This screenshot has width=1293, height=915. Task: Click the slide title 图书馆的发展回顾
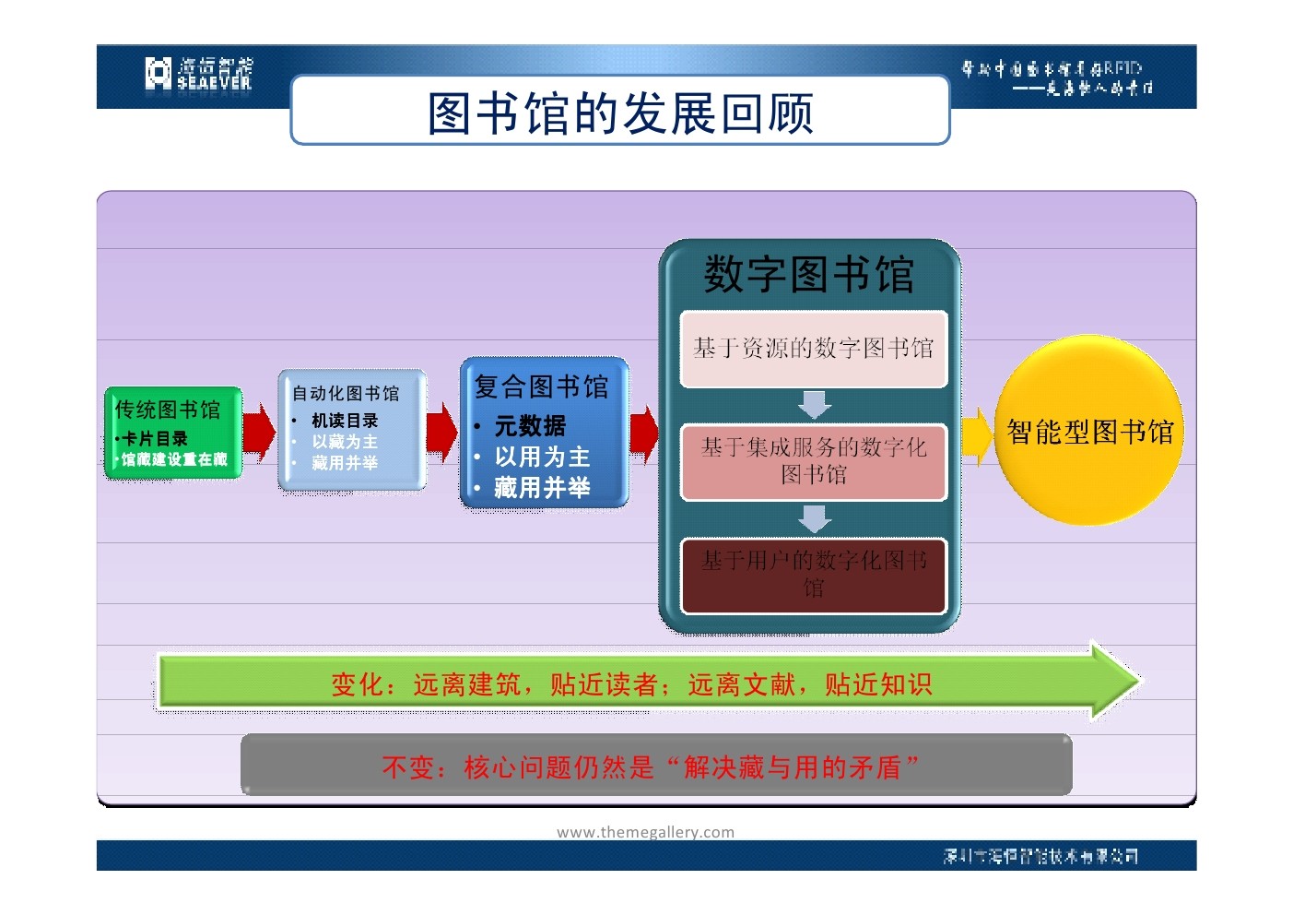(620, 113)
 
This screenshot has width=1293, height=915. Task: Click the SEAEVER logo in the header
(198, 73)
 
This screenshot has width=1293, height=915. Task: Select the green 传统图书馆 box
(172, 432)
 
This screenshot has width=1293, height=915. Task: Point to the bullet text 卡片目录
(155, 439)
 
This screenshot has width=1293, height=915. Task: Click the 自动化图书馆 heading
(346, 393)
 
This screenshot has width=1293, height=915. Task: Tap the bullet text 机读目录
(345, 421)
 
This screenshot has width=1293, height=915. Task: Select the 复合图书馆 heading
(541, 386)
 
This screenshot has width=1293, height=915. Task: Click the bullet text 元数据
(530, 426)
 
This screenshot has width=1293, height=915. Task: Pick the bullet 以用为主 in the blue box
(542, 457)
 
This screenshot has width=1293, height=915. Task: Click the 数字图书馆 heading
(808, 275)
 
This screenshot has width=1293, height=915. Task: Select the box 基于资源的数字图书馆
(813, 349)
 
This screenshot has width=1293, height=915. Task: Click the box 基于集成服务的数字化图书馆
(813, 461)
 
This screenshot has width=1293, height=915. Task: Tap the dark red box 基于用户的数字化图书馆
(813, 575)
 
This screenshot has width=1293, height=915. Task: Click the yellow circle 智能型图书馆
(1089, 431)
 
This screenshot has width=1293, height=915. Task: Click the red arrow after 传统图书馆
(259, 432)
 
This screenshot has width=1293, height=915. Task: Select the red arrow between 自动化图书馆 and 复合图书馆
(441, 432)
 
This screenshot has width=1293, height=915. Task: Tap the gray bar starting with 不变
(655, 766)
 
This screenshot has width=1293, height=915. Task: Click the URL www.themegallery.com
(645, 832)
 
